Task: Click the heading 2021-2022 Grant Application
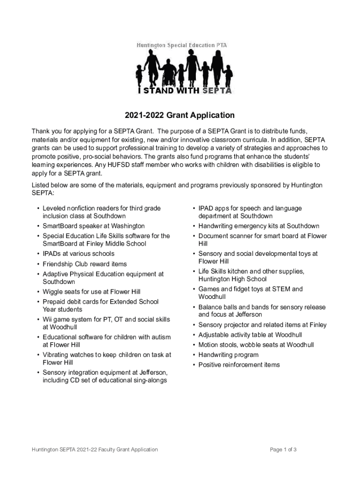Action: (180, 115)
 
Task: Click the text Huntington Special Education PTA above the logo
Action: (181, 45)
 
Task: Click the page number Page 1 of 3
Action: (283, 450)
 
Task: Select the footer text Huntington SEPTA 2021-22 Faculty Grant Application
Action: (95, 450)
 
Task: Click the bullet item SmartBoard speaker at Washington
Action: (94, 226)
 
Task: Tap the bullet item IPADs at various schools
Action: (78, 254)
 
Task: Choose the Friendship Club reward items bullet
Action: (85, 264)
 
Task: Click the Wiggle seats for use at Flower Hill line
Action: (91, 292)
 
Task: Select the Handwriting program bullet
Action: (228, 355)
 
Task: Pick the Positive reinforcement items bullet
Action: (239, 364)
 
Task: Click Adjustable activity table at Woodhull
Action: (250, 335)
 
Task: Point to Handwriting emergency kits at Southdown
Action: (259, 226)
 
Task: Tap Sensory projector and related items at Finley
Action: (262, 325)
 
